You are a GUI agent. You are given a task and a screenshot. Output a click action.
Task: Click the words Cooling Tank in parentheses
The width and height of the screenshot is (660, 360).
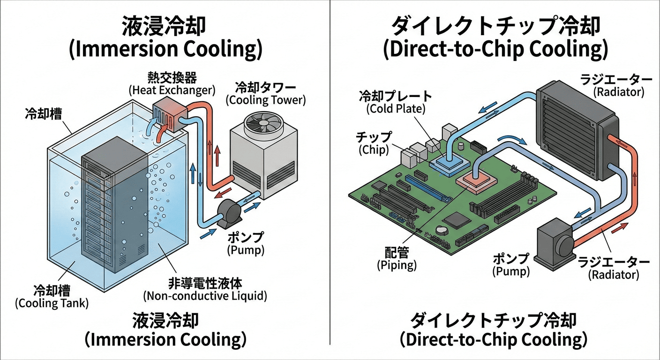pyautogui.click(x=52, y=303)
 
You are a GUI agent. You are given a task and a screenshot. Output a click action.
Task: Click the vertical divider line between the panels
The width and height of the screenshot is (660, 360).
pyautogui.click(x=330, y=178)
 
